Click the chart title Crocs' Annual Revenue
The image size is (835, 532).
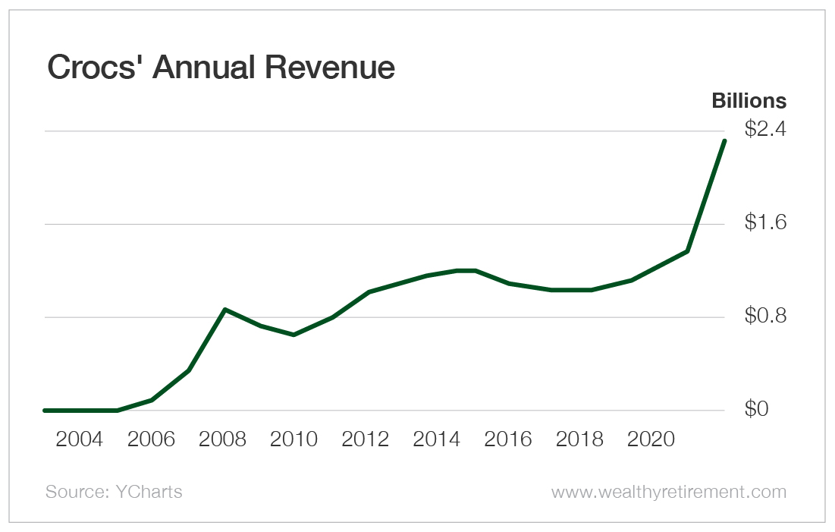tap(221, 68)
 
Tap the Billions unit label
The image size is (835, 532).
tap(748, 101)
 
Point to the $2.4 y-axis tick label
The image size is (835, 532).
tap(765, 130)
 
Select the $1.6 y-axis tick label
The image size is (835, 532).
tap(765, 223)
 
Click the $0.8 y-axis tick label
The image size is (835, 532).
tap(765, 316)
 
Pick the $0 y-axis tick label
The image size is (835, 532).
tap(756, 410)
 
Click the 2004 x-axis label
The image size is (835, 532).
tap(80, 439)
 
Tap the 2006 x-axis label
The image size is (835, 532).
tap(151, 439)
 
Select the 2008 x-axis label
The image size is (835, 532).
tap(222, 439)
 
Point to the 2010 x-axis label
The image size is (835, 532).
tap(294, 439)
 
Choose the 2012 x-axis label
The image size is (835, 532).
tap(365, 439)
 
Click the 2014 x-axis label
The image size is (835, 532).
tap(436, 439)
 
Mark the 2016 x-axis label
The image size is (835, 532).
tap(507, 439)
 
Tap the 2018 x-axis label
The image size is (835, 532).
tap(579, 439)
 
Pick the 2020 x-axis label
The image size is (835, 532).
tap(650, 439)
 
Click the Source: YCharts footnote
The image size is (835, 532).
tap(114, 492)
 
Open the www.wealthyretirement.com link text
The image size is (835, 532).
tap(668, 492)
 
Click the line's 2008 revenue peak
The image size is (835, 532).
tap(224, 310)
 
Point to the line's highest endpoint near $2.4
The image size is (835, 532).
tap(724, 141)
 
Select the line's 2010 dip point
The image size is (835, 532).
tap(294, 335)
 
